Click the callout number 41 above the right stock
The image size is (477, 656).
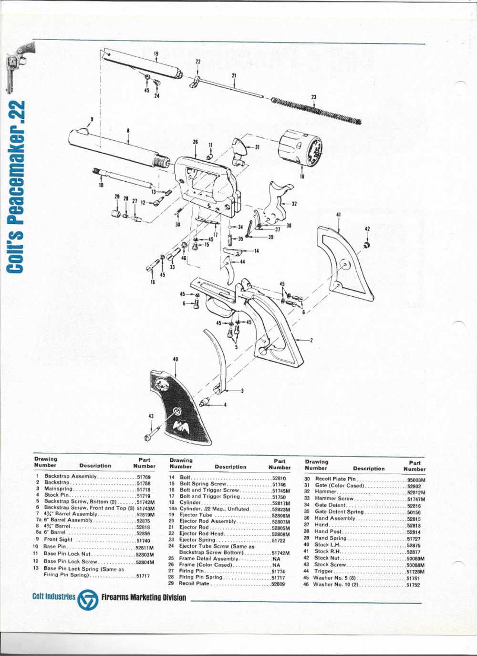click(338, 215)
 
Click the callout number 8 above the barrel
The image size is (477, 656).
click(128, 130)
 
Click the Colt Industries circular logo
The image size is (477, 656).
click(88, 599)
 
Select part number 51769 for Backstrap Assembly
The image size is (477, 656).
click(144, 477)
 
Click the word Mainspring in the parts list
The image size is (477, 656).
click(58, 489)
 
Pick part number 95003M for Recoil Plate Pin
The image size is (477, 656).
click(416, 480)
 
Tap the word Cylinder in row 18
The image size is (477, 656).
click(190, 503)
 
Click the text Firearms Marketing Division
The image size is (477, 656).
click(144, 598)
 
